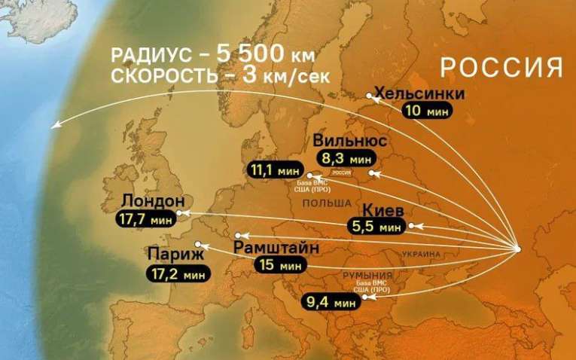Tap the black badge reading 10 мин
click(426, 111)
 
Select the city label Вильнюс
click(350, 142)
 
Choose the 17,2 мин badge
click(179, 273)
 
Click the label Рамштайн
click(276, 248)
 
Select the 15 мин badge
click(279, 266)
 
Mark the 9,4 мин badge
click(330, 304)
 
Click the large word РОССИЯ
click(501, 67)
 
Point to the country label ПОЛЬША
click(327, 204)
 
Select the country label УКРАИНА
click(421, 255)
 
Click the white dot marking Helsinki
click(370, 96)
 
